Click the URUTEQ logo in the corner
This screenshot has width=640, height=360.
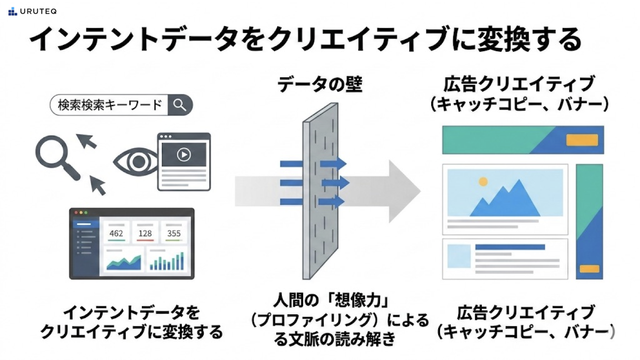coord(32,12)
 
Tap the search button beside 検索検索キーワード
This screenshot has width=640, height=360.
coord(180,105)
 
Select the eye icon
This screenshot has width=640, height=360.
coord(136,162)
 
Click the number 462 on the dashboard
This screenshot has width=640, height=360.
coord(116,233)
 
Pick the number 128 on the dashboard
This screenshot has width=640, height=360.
coord(145,233)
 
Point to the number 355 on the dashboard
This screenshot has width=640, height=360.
coord(174,233)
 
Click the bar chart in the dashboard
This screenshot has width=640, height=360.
coord(167,261)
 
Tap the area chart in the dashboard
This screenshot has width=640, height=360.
coord(124,263)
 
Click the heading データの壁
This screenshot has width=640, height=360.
coord(320,84)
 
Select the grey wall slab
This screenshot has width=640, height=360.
coord(320,191)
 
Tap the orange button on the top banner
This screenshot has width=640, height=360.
coord(582,140)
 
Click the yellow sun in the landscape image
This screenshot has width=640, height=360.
coord(483,182)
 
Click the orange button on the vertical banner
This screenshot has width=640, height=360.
coord(589,269)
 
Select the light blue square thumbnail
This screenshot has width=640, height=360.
coord(459,256)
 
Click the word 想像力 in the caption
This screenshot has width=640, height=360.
coord(358,300)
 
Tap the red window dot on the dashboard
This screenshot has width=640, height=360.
coord(76,212)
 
